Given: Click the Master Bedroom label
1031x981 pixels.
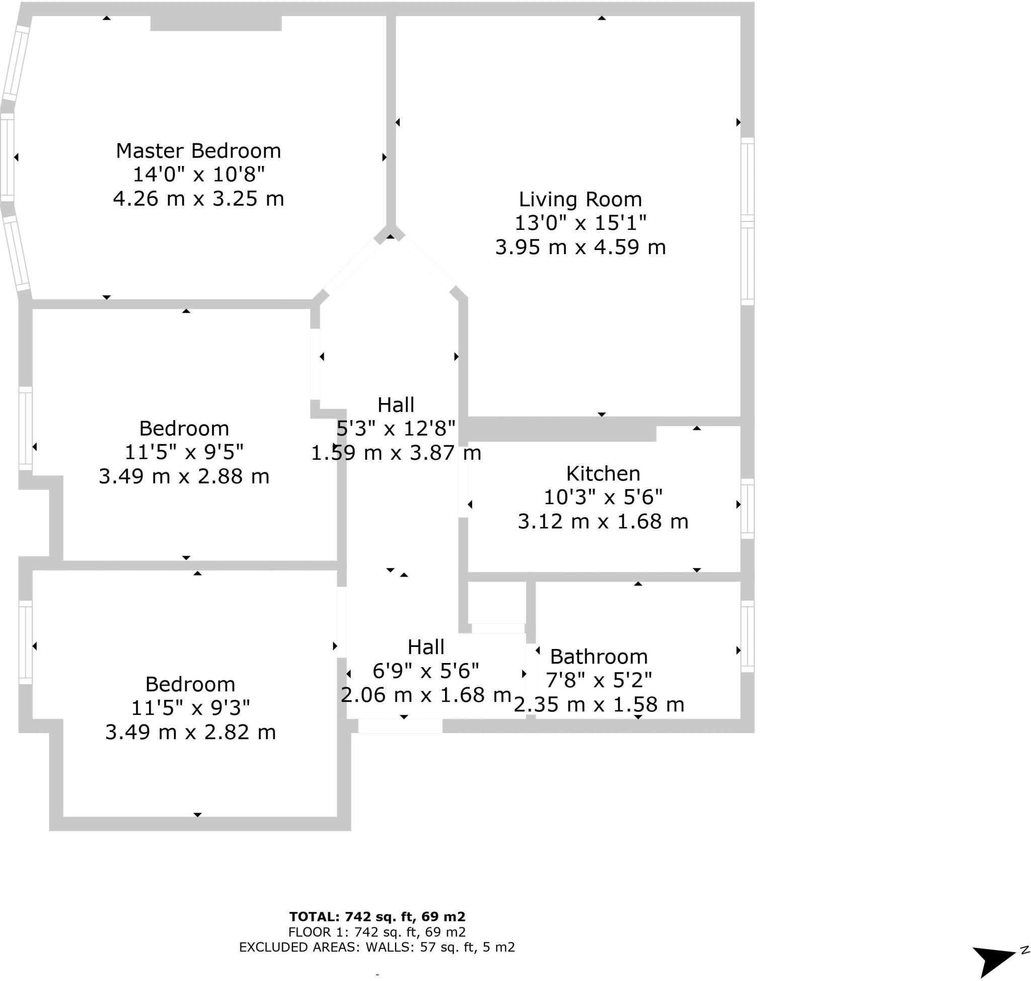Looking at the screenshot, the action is pyautogui.click(x=198, y=150).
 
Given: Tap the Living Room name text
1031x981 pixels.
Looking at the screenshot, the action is pyautogui.click(x=580, y=199).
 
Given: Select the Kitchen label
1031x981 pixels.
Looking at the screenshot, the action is pyautogui.click(x=603, y=473).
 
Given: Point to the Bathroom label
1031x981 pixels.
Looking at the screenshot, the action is pyautogui.click(x=599, y=657).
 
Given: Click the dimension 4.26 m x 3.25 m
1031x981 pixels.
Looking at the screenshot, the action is pyautogui.click(x=198, y=199).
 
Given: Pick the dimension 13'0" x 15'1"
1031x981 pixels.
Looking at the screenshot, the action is pyautogui.click(x=580, y=223).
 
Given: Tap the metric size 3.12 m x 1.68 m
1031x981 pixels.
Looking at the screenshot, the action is pyautogui.click(x=603, y=521).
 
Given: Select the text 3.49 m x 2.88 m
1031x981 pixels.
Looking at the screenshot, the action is pyautogui.click(x=184, y=476).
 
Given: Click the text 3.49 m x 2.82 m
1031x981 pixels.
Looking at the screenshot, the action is pyautogui.click(x=190, y=732).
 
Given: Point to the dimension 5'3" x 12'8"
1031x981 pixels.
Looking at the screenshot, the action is pyautogui.click(x=396, y=429).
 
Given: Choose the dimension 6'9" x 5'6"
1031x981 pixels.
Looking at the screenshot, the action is pyautogui.click(x=425, y=671).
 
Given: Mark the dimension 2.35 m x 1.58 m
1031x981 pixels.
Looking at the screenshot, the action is pyautogui.click(x=599, y=705).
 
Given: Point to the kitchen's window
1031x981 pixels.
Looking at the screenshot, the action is pyautogui.click(x=747, y=508).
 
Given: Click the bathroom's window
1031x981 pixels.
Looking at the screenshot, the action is pyautogui.click(x=747, y=636).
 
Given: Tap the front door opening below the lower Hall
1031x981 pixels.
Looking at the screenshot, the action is pyautogui.click(x=400, y=726).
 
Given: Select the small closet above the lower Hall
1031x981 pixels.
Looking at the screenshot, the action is pyautogui.click(x=496, y=602).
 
